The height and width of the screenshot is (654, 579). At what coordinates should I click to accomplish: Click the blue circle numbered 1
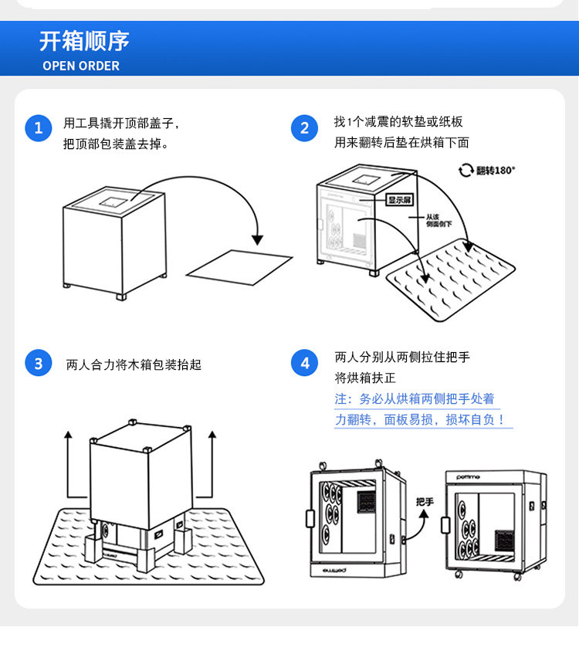point(38,127)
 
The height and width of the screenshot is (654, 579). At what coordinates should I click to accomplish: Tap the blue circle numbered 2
point(304,128)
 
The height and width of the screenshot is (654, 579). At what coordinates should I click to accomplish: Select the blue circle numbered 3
point(38,363)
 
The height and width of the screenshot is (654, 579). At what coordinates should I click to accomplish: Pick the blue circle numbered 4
point(304,363)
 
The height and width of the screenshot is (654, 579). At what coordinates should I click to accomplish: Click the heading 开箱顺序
point(84,41)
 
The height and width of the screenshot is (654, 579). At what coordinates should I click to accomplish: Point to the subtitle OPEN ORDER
point(81,66)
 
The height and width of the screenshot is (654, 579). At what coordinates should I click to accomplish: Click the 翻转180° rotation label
point(495,170)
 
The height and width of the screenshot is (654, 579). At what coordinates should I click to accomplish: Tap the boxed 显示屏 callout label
point(401,199)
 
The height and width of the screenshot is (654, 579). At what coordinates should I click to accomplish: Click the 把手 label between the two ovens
point(425,502)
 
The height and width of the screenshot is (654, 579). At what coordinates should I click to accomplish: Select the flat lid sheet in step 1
point(240,266)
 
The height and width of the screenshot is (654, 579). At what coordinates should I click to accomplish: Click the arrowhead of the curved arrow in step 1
point(258,239)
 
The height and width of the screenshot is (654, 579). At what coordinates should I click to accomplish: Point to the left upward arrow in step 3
point(68,463)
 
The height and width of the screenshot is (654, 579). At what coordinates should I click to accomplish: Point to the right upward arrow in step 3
point(212,463)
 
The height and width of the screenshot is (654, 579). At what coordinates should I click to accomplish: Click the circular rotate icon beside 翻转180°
point(466,170)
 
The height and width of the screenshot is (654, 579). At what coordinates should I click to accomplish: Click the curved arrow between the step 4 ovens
point(418,525)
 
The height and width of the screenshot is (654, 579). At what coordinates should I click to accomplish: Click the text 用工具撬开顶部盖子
point(122,123)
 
